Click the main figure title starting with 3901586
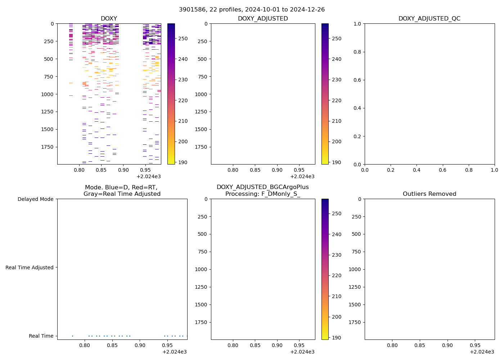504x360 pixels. click(252, 9)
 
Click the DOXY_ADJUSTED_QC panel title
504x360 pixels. click(429, 18)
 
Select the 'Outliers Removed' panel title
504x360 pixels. click(429, 194)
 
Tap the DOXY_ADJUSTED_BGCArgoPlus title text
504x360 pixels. click(262, 187)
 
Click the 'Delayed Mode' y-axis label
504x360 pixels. click(35, 199)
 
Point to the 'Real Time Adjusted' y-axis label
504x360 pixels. click(30, 267)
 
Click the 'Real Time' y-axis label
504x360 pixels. click(41, 336)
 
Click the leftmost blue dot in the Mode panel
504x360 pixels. click(72, 336)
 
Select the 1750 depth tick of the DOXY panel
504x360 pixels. click(47, 147)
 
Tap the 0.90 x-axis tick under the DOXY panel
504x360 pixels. click(123, 170)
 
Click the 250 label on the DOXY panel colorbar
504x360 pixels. click(183, 39)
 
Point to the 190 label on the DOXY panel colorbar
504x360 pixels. click(183, 162)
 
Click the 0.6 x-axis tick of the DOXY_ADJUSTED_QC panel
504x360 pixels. click(442, 170)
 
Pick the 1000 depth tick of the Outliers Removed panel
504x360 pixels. click(355, 269)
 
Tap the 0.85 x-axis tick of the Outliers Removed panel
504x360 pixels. click(420, 345)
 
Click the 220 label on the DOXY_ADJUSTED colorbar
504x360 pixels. click(337, 100)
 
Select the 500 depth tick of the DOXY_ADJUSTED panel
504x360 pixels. click(202, 59)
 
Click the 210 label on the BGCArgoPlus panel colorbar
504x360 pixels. click(337, 296)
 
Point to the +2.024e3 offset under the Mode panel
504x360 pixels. click(174, 352)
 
